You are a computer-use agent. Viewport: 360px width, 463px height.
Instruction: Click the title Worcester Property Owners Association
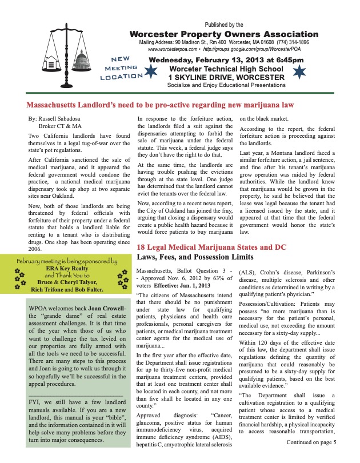tap(224, 34)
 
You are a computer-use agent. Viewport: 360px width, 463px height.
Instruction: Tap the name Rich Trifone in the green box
tap(47, 290)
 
